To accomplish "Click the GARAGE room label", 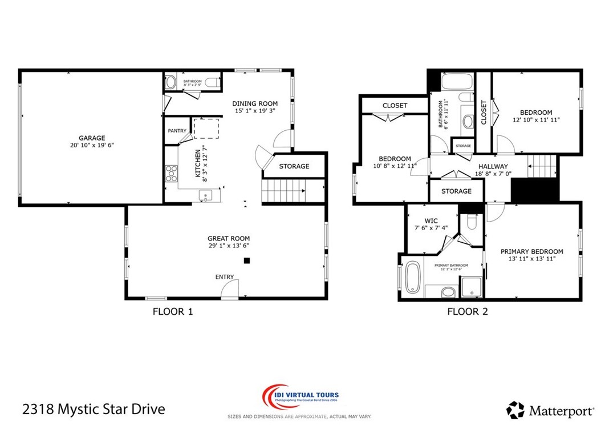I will click(92, 138).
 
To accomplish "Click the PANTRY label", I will click(177, 131).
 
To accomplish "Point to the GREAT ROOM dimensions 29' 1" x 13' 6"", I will click(228, 246).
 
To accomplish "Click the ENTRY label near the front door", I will click(225, 277).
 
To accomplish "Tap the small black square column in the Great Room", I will click(247, 260).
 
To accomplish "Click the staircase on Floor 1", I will click(284, 190).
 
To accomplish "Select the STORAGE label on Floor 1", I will click(294, 166).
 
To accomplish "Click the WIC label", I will click(431, 220).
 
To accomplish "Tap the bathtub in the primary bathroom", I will click(413, 278).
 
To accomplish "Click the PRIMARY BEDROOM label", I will click(531, 251).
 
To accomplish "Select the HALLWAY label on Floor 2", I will click(493, 167).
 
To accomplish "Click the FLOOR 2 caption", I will click(467, 311).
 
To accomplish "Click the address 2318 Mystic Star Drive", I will click(94, 409).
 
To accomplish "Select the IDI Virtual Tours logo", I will click(300, 399).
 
